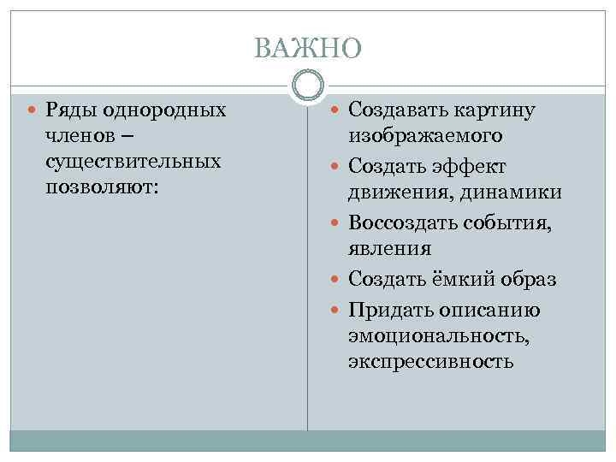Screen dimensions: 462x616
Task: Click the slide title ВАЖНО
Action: click(308, 49)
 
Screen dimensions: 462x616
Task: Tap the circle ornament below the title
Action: click(308, 86)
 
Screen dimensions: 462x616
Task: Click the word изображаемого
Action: click(425, 136)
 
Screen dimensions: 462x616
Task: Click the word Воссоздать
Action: click(400, 222)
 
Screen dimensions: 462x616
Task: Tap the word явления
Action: click(389, 248)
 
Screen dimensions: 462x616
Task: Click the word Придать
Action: click(387, 309)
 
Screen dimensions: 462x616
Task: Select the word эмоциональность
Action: click(438, 335)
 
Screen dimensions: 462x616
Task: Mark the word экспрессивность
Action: click(430, 361)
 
